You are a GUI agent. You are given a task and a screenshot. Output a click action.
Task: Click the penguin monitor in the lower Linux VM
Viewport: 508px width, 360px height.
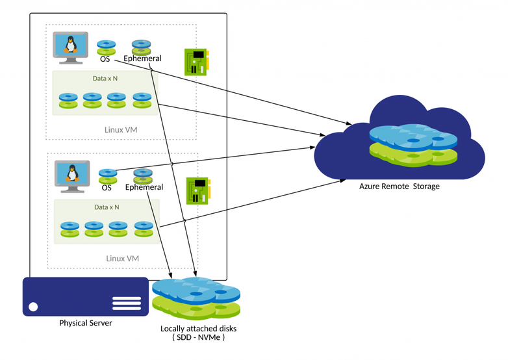[70, 175]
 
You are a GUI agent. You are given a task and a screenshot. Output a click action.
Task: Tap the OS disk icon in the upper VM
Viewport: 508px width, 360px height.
[106, 47]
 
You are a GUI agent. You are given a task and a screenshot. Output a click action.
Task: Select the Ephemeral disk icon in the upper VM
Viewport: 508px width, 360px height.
[142, 47]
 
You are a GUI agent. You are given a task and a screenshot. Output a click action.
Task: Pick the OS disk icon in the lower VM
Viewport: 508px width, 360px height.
[107, 176]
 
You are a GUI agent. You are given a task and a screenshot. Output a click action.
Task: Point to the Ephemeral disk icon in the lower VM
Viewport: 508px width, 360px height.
[143, 175]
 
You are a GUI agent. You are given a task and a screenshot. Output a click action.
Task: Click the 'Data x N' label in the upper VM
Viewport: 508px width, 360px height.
[105, 79]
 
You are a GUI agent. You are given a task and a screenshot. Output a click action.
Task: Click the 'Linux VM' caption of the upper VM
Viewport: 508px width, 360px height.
[121, 130]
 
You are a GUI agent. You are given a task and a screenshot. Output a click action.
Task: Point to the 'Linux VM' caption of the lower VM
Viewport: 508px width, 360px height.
[123, 259]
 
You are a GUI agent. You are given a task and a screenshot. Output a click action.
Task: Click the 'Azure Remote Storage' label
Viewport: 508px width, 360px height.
[400, 186]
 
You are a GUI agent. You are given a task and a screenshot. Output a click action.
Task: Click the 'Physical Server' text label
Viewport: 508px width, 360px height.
[86, 323]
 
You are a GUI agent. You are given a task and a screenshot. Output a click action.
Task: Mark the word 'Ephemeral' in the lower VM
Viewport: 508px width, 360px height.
[144, 188]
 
